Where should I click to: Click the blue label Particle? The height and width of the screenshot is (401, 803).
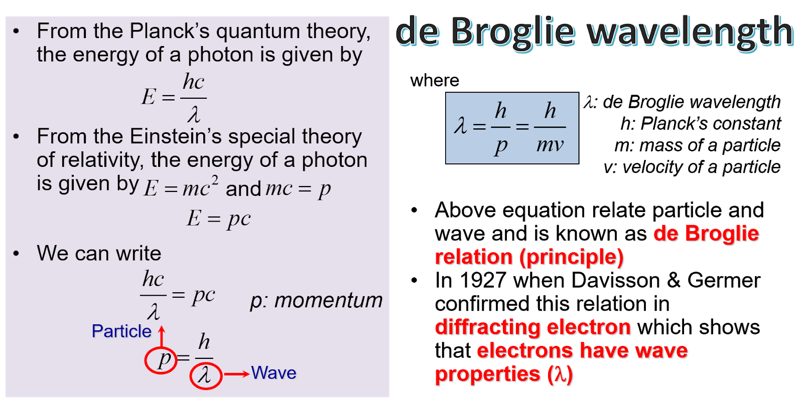point(121,331)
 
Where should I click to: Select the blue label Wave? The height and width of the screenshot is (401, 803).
point(274,373)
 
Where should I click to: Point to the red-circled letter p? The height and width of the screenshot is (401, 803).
point(162,359)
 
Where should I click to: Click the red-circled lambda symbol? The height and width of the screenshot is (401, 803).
point(205,375)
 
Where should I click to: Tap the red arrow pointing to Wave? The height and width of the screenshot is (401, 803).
point(236,374)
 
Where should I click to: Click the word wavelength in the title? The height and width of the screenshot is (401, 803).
point(691,32)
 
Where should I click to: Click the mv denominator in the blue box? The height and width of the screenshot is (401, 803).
point(550,145)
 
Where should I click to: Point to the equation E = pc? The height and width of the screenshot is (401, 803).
point(218,219)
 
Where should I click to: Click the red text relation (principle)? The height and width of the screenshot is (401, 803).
point(529,258)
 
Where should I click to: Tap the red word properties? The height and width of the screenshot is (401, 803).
point(488,374)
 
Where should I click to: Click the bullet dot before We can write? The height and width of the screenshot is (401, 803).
point(17,254)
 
